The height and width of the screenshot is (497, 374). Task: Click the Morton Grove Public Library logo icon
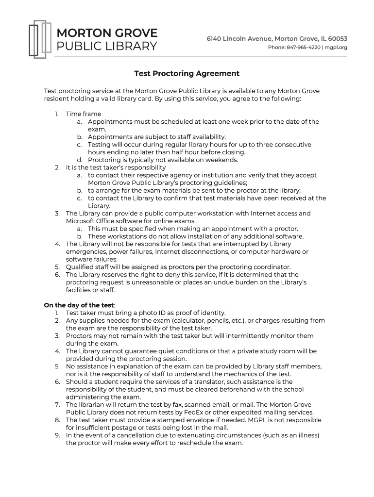pyautogui.click(x=39, y=39)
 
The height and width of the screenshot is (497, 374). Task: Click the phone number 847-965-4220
pyautogui.click(x=305, y=48)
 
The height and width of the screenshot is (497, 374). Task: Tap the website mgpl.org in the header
pyautogui.click(x=336, y=48)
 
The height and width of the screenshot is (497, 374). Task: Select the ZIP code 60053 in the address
pyautogui.click(x=336, y=38)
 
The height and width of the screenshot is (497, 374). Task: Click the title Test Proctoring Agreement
pyautogui.click(x=187, y=74)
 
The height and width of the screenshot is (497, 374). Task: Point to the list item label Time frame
pyautogui.click(x=84, y=114)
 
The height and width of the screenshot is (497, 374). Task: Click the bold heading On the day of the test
pyautogui.click(x=79, y=305)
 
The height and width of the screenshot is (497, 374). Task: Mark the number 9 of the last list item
pyautogui.click(x=57, y=435)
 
